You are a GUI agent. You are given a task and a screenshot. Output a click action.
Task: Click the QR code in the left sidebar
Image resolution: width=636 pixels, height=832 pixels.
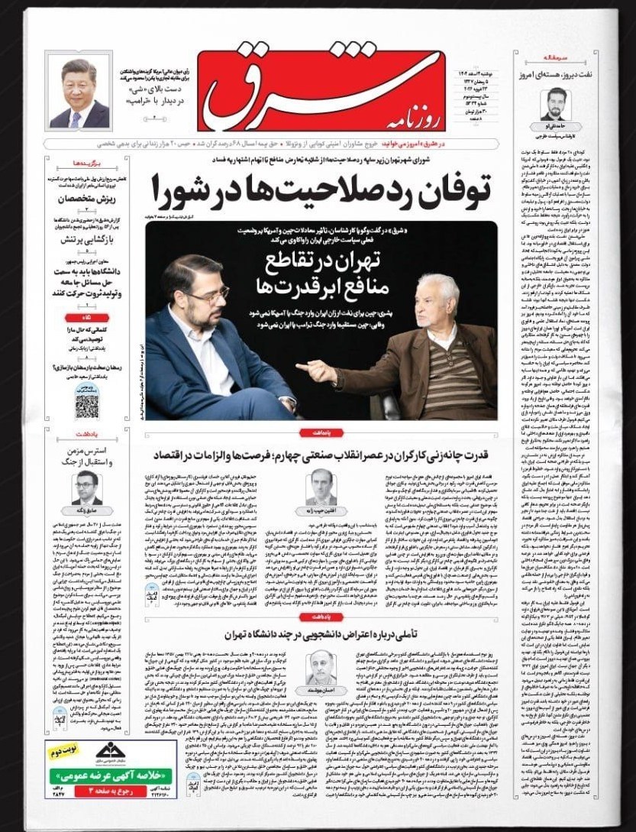[x=87, y=406]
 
